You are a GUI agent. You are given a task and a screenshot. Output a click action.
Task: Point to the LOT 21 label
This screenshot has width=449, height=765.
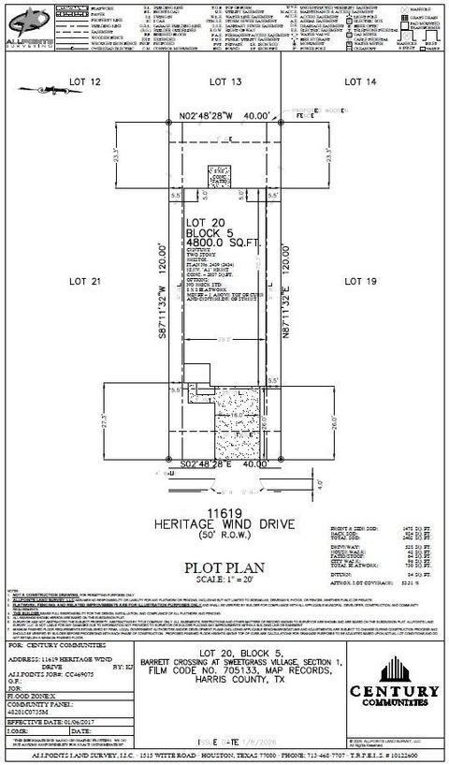pos(84,280)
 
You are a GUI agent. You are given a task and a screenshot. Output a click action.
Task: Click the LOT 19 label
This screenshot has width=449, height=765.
pos(359,280)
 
